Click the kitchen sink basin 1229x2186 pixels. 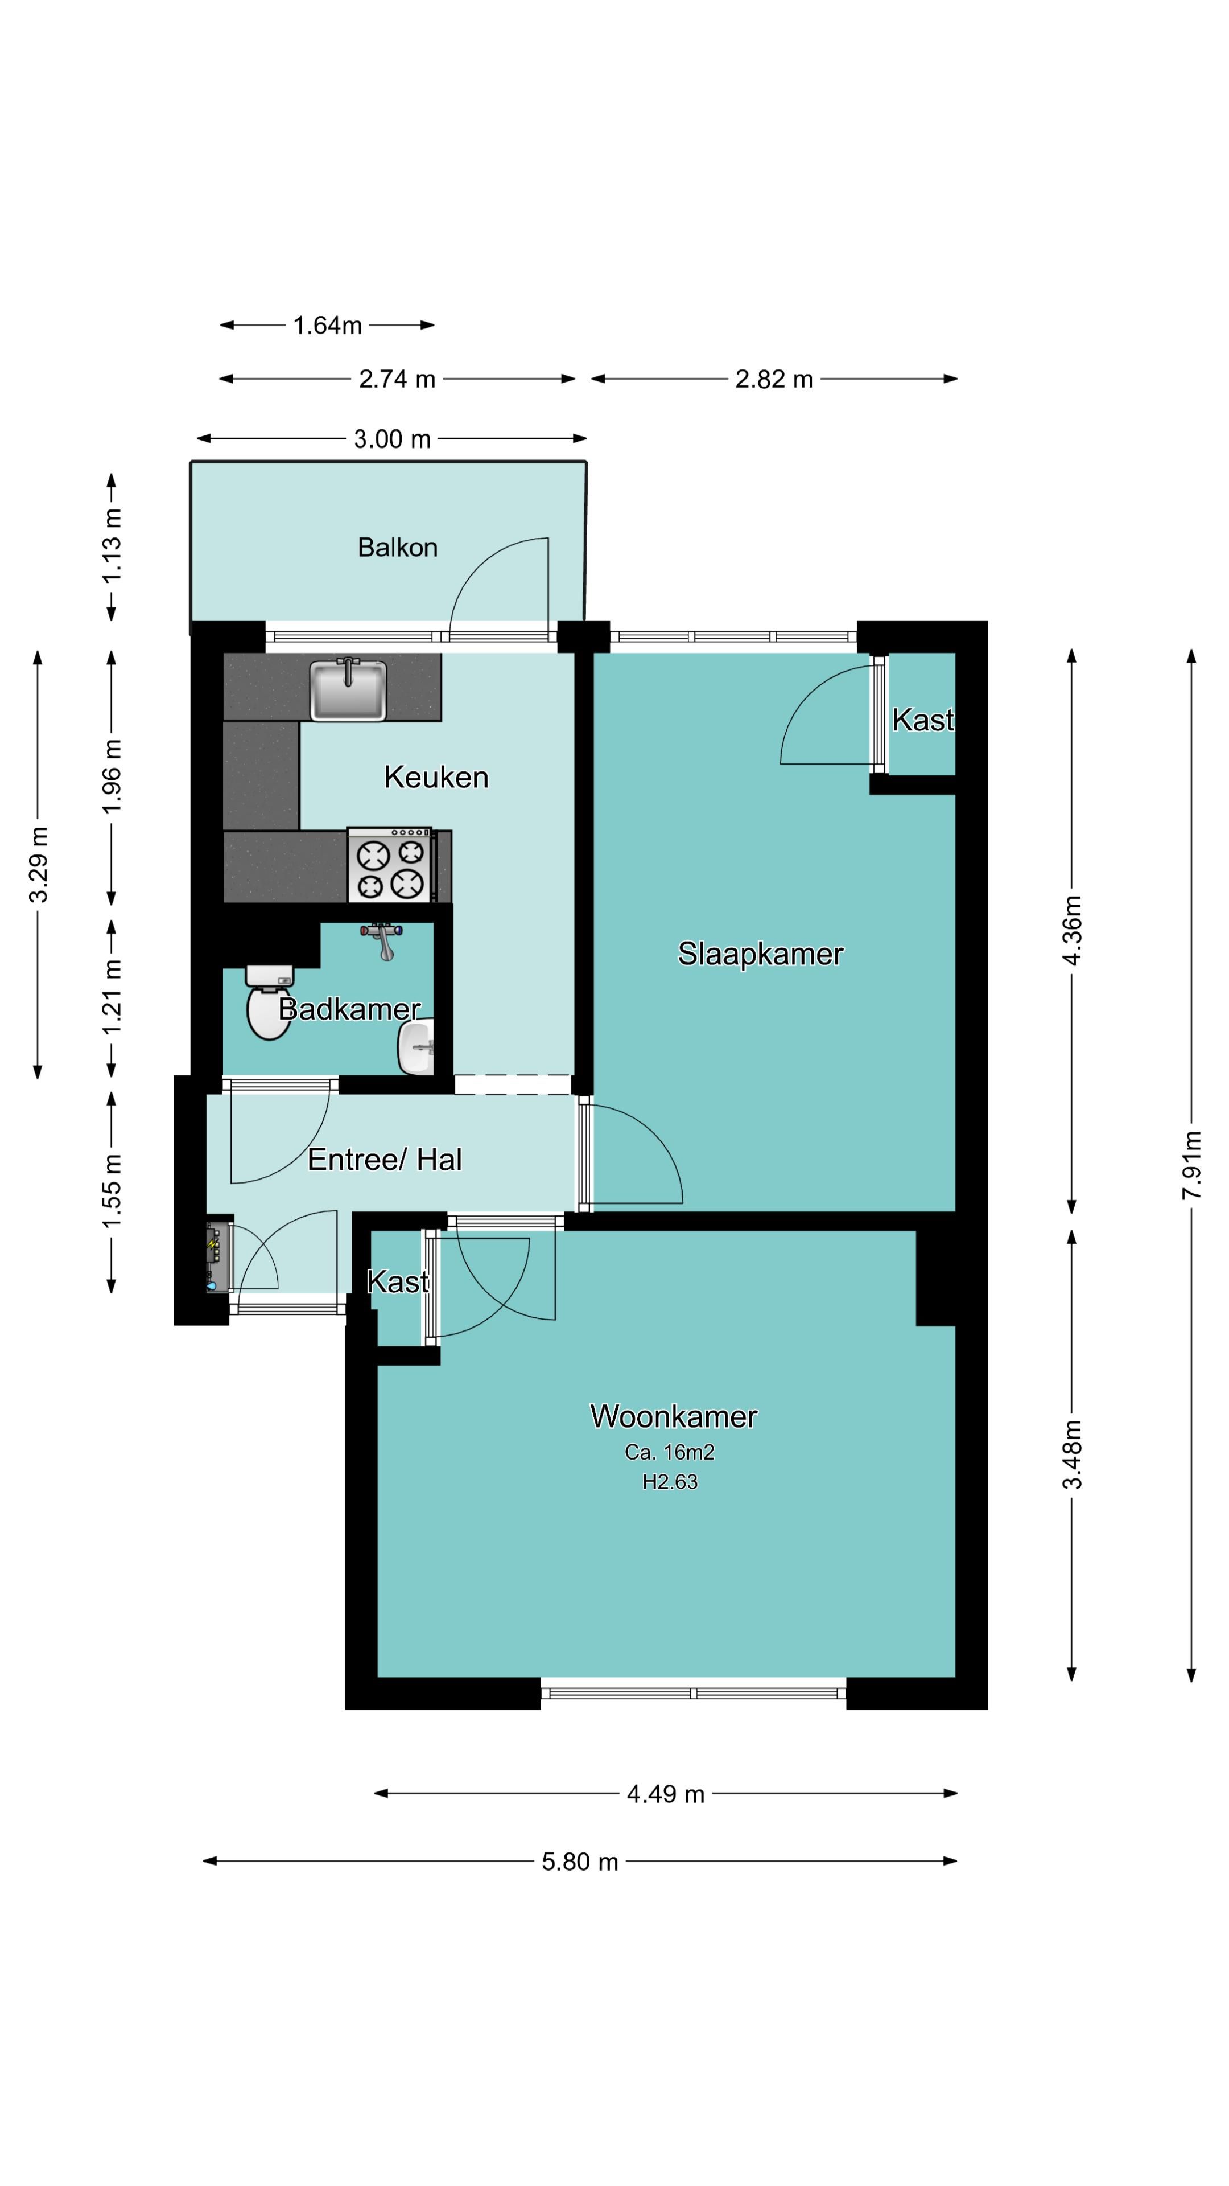coord(348,688)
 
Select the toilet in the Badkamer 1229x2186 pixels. coord(269,1002)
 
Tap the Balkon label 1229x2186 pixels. coord(398,547)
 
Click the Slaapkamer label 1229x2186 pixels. coord(760,954)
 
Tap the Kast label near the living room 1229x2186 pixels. coord(398,1281)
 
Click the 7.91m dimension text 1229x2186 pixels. coord(1191,1164)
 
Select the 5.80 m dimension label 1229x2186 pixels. coord(580,1861)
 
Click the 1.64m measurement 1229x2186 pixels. coord(327,325)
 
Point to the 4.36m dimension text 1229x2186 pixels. coord(1072,930)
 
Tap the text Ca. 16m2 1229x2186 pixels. coord(669,1452)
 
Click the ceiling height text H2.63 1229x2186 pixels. coord(669,1482)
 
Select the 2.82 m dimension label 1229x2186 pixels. coord(774,379)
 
